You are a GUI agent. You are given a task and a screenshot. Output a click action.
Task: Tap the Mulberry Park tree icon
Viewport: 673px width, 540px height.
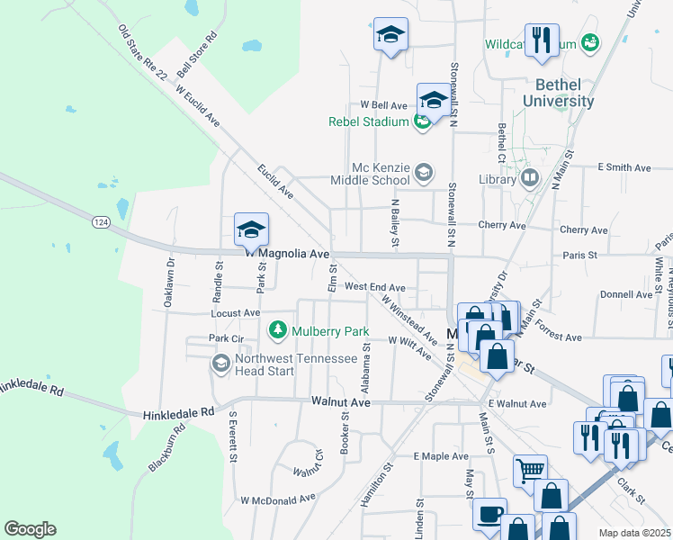click(x=278, y=330)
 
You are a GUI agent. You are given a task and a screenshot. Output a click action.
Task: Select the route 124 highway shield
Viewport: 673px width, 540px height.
click(x=100, y=220)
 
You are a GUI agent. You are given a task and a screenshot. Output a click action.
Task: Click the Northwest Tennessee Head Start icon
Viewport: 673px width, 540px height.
click(x=220, y=363)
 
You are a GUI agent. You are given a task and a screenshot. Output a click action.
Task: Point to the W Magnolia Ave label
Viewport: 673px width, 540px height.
click(x=288, y=254)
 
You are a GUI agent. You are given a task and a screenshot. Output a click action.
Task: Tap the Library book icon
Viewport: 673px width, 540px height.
click(x=529, y=179)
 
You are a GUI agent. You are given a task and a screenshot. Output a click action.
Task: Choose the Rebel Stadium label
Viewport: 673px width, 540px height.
click(x=369, y=121)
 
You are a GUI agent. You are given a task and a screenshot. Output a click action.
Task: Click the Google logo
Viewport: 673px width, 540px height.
click(x=30, y=529)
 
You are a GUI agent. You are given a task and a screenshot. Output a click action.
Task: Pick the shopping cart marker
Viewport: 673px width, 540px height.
click(x=530, y=470)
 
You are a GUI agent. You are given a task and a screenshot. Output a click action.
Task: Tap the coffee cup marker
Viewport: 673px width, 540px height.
click(x=489, y=514)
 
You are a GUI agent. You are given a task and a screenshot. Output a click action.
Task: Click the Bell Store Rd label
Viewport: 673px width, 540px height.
click(x=198, y=54)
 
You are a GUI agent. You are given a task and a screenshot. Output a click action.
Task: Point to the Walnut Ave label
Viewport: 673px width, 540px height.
click(x=341, y=402)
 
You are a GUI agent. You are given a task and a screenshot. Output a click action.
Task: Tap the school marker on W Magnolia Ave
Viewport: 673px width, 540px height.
click(x=251, y=229)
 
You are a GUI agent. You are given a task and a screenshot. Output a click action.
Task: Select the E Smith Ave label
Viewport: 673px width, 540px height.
click(x=624, y=167)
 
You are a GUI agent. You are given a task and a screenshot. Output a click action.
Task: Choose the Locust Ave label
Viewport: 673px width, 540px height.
click(x=235, y=313)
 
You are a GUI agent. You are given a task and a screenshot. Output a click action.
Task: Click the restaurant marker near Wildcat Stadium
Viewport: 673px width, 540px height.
click(x=542, y=40)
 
